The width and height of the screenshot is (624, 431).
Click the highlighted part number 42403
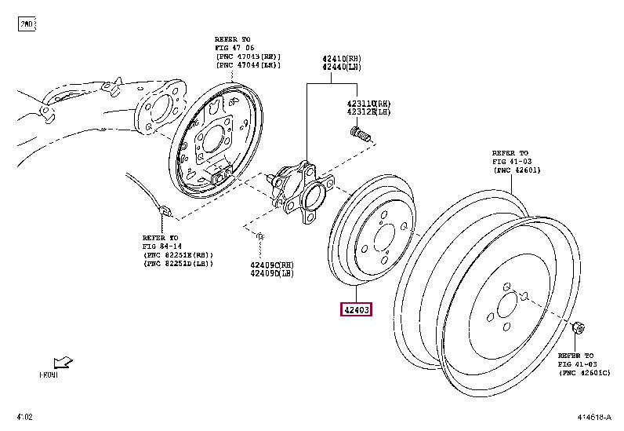tap(355, 309)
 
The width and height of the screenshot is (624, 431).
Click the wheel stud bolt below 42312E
tap(361, 136)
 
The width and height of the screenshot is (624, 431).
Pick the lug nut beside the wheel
tap(579, 327)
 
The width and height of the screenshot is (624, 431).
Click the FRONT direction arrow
tap(62, 363)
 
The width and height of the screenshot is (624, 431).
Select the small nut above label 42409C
tap(260, 236)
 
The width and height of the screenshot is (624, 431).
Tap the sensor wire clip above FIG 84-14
tap(165, 210)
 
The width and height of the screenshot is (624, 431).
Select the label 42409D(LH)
tap(272, 273)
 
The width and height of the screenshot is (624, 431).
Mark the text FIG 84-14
tap(161, 247)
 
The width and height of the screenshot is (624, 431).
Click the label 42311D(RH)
tap(368, 104)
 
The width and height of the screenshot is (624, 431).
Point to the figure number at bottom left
tap(24, 416)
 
